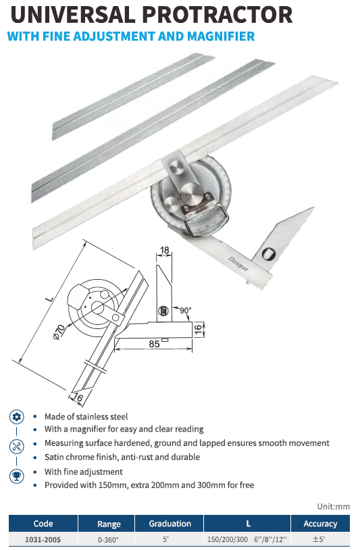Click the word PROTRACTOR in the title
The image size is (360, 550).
pos(217,15)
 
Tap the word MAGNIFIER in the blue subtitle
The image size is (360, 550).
pos(221,36)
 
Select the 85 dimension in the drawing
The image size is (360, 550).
pos(154,343)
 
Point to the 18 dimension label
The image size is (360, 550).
pos(164,250)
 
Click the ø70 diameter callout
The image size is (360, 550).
pos(59,332)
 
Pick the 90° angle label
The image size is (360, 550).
pos(186,310)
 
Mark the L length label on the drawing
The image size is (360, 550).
pos(50,299)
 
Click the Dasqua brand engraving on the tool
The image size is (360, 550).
pos(238,264)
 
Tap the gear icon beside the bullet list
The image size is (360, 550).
pos(16,417)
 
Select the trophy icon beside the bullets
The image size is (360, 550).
pos(16,476)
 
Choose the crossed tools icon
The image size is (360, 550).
pos(16,447)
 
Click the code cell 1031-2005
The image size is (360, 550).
pos(43,539)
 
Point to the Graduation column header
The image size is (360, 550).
pos(170,524)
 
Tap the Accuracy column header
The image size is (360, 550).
pos(320,524)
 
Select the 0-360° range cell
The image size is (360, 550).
pos(108,540)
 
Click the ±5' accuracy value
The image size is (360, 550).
pos(319,539)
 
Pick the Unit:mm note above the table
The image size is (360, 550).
pos(334,507)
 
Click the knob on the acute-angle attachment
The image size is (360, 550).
pos(269,253)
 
